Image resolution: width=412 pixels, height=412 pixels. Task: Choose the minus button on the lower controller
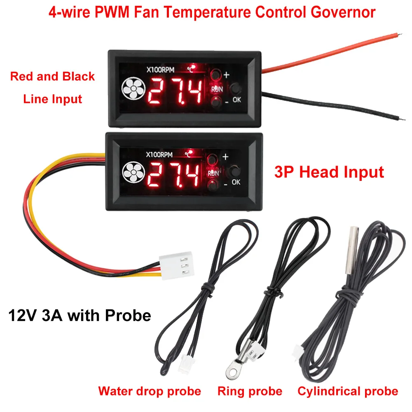[x=213, y=185]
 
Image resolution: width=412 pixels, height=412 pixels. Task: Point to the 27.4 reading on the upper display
[x=175, y=91]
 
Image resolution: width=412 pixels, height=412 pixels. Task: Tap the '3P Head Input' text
[x=329, y=172]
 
